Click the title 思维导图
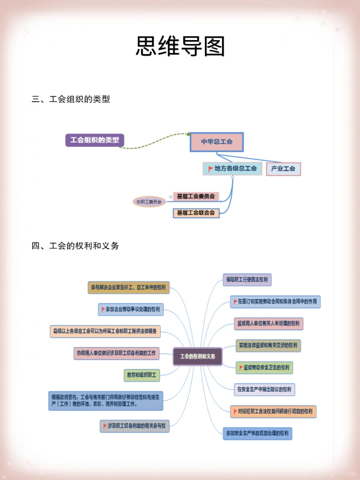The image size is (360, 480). click(x=180, y=46)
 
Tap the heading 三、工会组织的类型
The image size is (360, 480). click(x=71, y=99)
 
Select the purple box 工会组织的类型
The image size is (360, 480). click(x=95, y=140)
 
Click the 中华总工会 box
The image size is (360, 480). click(x=217, y=142)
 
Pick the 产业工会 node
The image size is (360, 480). click(x=283, y=169)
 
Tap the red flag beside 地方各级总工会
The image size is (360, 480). click(x=210, y=169)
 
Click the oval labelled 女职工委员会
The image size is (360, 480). click(x=149, y=202)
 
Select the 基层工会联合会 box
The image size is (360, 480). click(x=196, y=213)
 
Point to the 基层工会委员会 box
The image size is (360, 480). click(x=196, y=196)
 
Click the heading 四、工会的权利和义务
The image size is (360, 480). click(x=75, y=246)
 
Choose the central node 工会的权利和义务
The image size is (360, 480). click(x=198, y=356)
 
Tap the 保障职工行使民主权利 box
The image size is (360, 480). click(x=247, y=280)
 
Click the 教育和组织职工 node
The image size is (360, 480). click(x=142, y=375)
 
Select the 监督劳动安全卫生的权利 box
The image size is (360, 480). click(x=264, y=367)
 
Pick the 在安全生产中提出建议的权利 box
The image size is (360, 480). click(x=264, y=389)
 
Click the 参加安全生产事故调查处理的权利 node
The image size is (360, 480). click(x=257, y=433)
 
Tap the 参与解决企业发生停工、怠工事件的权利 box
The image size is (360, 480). click(x=129, y=287)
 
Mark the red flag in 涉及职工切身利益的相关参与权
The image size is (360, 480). click(x=105, y=426)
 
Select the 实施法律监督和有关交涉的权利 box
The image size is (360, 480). click(x=268, y=345)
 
